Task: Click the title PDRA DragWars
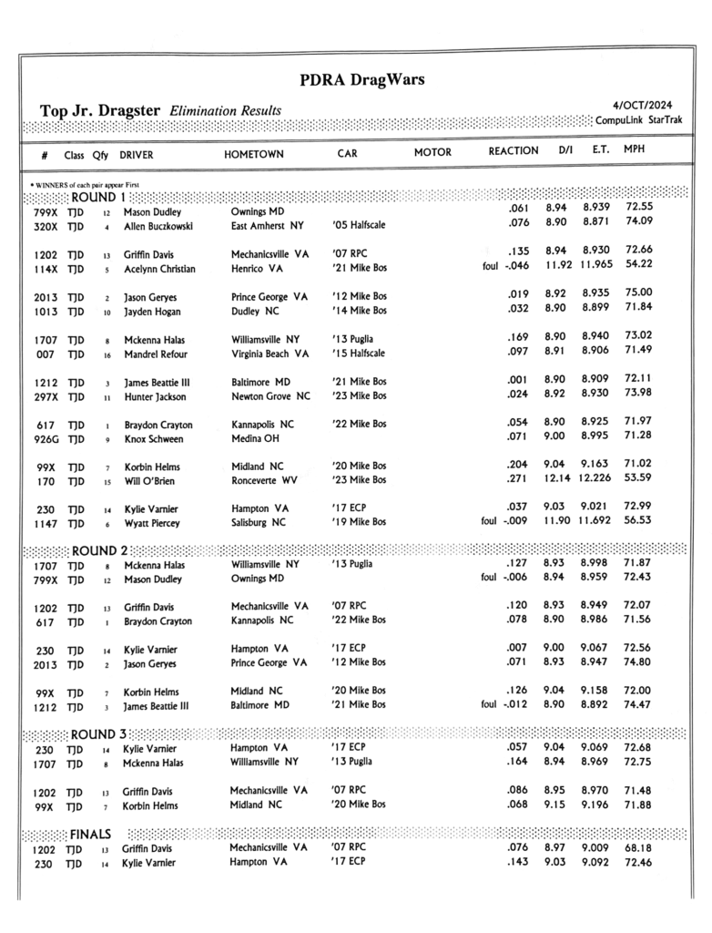[361, 80]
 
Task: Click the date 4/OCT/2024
[651, 105]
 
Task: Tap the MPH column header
[635, 149]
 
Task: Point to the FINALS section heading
[91, 833]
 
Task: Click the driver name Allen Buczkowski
[158, 226]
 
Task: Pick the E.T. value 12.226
[596, 480]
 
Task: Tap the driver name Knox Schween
[153, 438]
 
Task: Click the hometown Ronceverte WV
[270, 480]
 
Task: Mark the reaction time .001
[518, 381]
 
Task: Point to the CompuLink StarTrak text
[642, 121]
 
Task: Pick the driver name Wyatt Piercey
[151, 523]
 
